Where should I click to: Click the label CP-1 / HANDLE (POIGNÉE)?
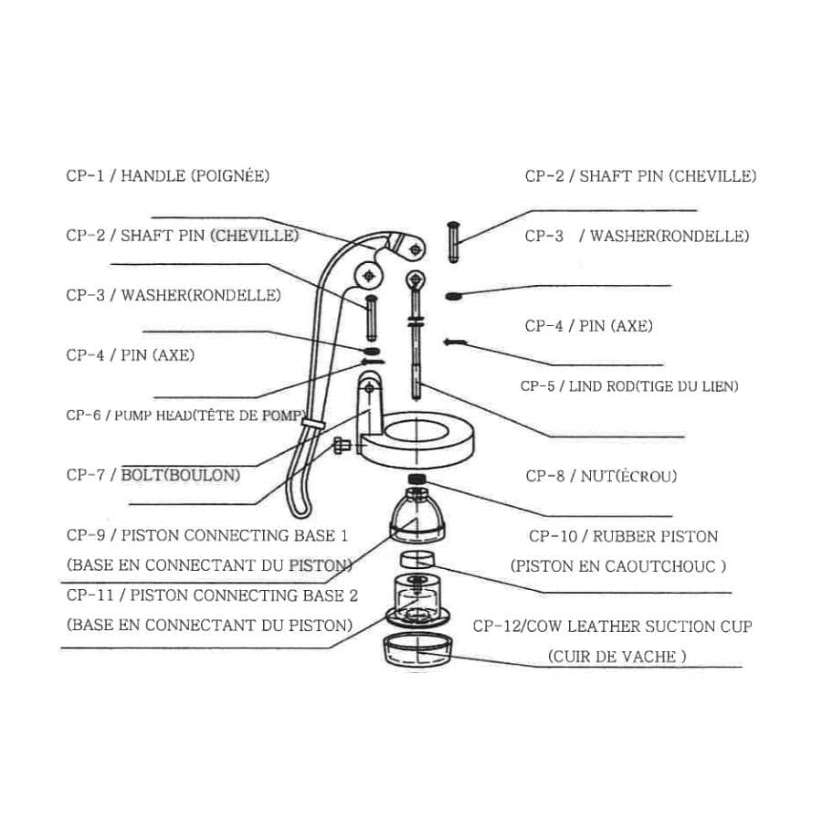tap(168, 175)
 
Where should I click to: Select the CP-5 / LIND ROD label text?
tap(629, 386)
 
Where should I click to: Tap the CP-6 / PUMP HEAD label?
tap(184, 415)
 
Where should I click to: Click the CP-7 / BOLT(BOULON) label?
tap(153, 475)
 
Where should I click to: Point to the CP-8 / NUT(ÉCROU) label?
tap(601, 476)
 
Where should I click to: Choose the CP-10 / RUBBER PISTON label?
tap(623, 536)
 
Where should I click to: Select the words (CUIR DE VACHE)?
tap(616, 656)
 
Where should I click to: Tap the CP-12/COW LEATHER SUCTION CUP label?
tap(612, 627)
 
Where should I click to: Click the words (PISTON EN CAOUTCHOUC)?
tap(618, 565)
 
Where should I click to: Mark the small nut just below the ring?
tap(416, 479)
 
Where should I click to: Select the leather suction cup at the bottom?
tap(417, 650)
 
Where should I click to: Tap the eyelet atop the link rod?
tap(415, 279)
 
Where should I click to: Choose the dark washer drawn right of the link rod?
tap(452, 296)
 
